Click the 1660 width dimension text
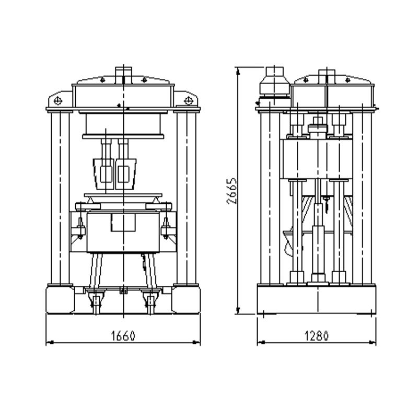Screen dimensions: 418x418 tap(123, 335)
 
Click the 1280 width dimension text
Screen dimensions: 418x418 tap(317, 335)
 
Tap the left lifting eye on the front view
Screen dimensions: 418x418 tap(57, 101)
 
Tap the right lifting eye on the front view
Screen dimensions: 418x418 tap(188, 100)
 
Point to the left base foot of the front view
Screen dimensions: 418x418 tap(61, 299)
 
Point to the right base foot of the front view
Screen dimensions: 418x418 tap(186, 299)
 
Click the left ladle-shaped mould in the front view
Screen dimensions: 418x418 tap(103, 174)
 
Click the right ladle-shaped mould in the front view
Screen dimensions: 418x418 tap(125, 174)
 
